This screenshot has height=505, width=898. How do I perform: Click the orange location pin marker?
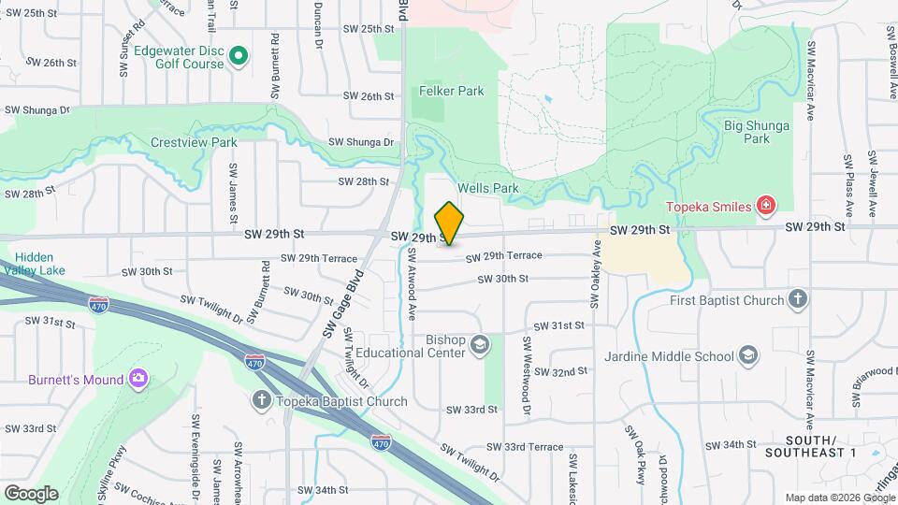tap(449, 223)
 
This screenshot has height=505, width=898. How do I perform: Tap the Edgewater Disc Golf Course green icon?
tap(239, 57)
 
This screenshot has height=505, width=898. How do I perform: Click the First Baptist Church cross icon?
tap(797, 300)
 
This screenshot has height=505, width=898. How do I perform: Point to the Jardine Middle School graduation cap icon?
tap(748, 355)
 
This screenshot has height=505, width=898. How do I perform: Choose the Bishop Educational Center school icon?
tap(480, 346)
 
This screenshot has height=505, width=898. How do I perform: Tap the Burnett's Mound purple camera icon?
tap(138, 380)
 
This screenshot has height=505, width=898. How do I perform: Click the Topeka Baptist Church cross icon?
tap(263, 401)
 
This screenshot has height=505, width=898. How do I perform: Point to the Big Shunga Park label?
tap(746, 131)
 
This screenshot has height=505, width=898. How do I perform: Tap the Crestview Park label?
tap(194, 143)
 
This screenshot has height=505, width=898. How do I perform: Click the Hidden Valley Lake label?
tap(34, 264)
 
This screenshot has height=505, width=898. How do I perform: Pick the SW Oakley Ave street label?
tap(595, 272)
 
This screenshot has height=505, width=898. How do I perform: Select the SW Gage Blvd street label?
tap(343, 305)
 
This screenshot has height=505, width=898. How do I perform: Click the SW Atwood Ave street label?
tap(411, 284)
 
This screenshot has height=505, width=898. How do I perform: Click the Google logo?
tap(31, 493)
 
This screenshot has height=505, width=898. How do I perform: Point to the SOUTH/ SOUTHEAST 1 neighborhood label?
tap(810, 446)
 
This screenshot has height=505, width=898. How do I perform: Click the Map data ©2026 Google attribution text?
tap(838, 498)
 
